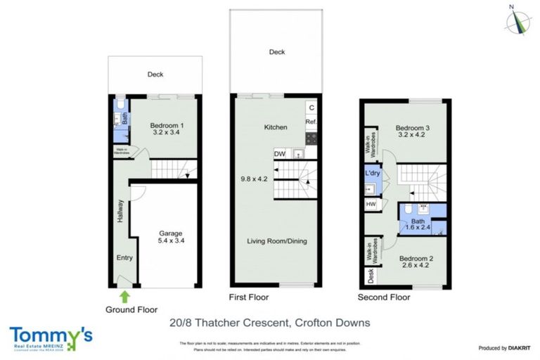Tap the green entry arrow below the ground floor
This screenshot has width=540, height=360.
click(x=124, y=297)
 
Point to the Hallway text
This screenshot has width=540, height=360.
click(x=120, y=212)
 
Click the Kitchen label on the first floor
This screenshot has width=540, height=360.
click(x=275, y=127)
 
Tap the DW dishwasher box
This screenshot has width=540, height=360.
click(x=279, y=153)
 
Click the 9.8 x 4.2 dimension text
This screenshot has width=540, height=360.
click(x=255, y=179)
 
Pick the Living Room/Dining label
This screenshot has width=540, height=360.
click(x=276, y=241)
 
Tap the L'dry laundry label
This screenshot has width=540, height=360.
click(x=372, y=173)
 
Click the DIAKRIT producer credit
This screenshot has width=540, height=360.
click(x=502, y=348)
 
